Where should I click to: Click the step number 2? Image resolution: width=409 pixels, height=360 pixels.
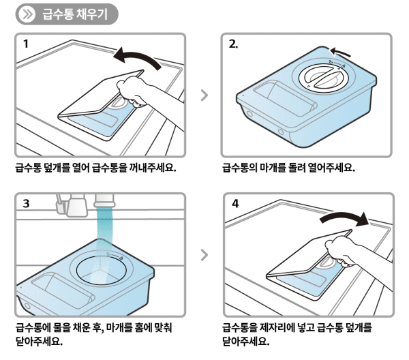233,44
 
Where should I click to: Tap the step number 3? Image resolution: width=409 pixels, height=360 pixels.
26,203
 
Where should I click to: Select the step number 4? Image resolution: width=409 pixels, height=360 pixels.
234,203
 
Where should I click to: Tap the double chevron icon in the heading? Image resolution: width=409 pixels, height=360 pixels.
27,14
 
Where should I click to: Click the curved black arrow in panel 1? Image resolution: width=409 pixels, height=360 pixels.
138,59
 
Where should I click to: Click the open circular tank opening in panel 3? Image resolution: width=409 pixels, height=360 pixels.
102,269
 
